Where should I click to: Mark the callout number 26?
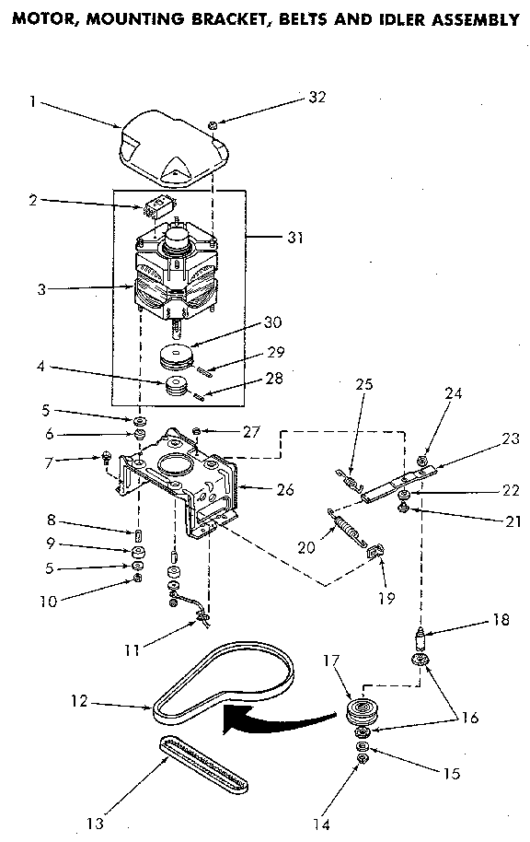point(284,490)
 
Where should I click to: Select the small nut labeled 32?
point(213,123)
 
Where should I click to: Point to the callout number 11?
point(132,650)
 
